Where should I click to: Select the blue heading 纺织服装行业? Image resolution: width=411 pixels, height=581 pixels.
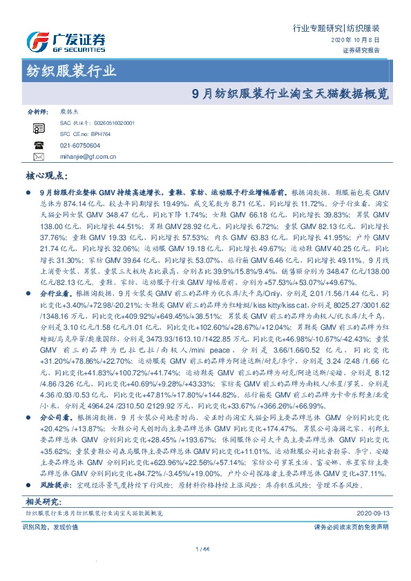(x=71, y=70)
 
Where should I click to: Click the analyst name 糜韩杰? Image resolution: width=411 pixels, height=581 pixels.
(x=70, y=110)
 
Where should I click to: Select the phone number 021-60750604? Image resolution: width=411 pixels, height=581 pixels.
(x=80, y=146)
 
